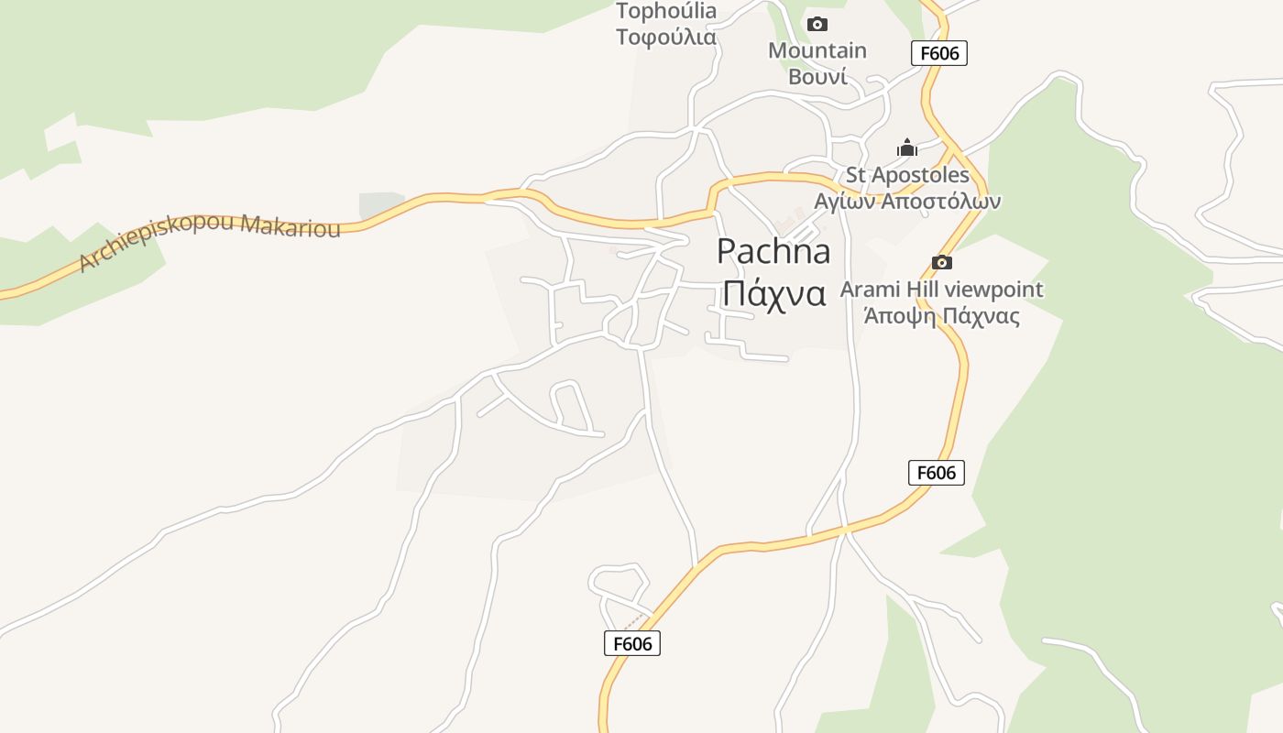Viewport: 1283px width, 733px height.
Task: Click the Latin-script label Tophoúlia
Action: (666, 11)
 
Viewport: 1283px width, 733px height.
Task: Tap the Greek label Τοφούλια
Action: (666, 37)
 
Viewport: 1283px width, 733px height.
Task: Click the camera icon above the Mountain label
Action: (817, 24)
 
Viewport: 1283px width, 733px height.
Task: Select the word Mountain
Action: (817, 50)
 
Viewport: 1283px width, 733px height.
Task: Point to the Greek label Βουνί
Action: (817, 76)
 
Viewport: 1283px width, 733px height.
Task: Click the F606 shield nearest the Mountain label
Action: (939, 53)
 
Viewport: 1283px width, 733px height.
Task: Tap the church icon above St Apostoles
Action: (906, 148)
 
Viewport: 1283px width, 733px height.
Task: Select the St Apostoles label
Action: (907, 175)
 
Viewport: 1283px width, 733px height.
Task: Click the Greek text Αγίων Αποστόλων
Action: (907, 201)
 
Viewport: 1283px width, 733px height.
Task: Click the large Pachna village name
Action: (773, 250)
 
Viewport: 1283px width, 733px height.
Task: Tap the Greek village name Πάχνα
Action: (773, 293)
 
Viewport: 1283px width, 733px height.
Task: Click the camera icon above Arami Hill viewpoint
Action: (941, 263)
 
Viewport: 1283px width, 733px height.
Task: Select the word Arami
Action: (870, 290)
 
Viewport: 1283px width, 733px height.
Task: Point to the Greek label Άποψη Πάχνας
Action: (942, 316)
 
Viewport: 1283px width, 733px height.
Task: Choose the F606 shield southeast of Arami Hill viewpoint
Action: (936, 473)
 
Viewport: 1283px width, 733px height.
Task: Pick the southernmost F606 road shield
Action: (632, 643)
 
